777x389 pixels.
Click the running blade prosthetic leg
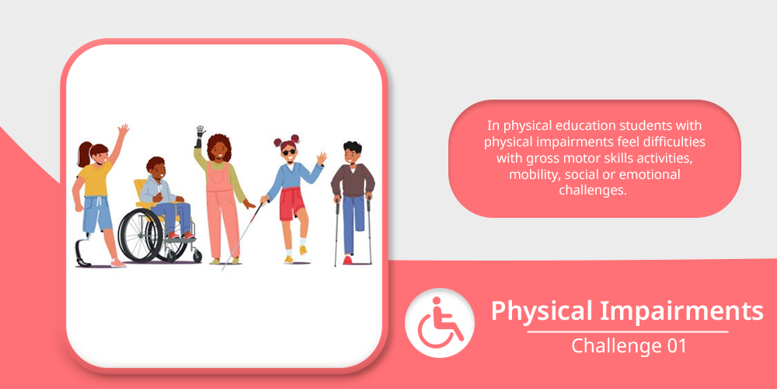click(x=82, y=252)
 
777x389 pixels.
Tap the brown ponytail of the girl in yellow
click(x=84, y=154)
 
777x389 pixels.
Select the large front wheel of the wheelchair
click(x=140, y=235)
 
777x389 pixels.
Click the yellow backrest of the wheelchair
click(x=141, y=191)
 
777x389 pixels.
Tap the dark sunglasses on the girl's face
click(x=289, y=152)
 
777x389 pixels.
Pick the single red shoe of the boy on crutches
click(x=347, y=260)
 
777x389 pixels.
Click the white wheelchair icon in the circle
click(x=439, y=323)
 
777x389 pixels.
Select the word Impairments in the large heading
click(x=682, y=311)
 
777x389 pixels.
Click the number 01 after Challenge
click(x=676, y=346)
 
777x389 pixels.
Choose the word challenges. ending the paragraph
click(x=594, y=190)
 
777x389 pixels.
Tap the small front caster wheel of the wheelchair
click(x=197, y=257)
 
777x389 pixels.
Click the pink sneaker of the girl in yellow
click(x=118, y=263)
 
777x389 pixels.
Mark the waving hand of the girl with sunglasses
click(x=322, y=158)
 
